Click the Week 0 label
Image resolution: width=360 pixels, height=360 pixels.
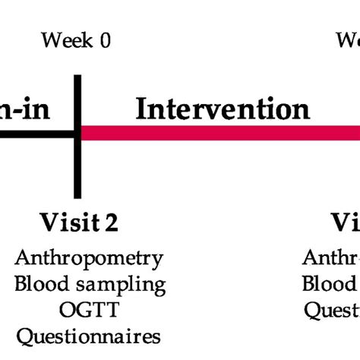(76, 40)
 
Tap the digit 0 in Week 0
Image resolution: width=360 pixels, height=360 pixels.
(105, 40)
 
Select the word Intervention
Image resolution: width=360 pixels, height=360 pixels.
(222, 109)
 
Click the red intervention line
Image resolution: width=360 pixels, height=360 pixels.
(220, 134)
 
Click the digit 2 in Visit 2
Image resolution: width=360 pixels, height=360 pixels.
(112, 223)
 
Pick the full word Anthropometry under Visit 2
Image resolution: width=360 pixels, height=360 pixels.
(89, 258)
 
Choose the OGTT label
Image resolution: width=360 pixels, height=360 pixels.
(89, 309)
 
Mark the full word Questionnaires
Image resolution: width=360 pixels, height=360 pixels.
(89, 335)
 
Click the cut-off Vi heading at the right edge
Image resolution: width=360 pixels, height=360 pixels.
(346, 223)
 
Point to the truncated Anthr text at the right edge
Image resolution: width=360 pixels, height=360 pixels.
(332, 258)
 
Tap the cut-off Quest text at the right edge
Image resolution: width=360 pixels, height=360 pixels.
(333, 309)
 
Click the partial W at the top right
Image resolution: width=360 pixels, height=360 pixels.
(349, 40)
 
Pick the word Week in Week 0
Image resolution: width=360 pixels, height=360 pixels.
(66, 40)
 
